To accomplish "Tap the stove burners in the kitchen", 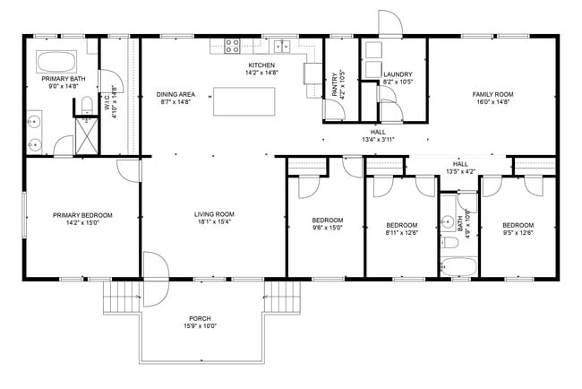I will (x=232, y=45).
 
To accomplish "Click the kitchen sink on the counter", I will (x=282, y=45).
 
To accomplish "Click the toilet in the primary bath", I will (x=85, y=107).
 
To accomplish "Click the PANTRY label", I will (x=336, y=85).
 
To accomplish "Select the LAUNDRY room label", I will (x=397, y=74).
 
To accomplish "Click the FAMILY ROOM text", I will (x=492, y=94).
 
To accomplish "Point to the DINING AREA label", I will (x=176, y=94).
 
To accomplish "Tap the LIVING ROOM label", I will (x=214, y=214).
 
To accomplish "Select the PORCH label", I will (x=200, y=319).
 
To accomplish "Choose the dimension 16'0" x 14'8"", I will (x=492, y=102).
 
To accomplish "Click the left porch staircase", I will (x=121, y=297).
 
